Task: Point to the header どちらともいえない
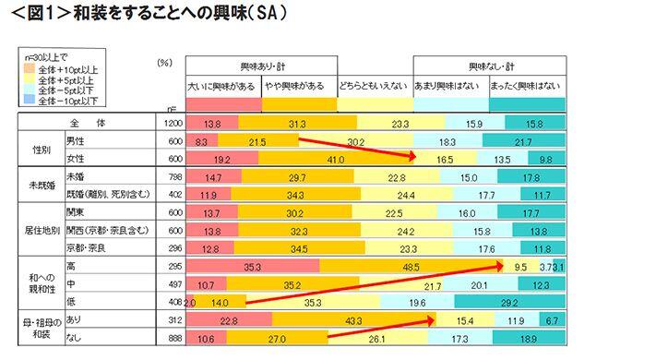point(374,86)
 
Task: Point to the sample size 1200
point(172,123)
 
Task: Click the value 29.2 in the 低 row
point(505,301)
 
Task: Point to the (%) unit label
point(164,63)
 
